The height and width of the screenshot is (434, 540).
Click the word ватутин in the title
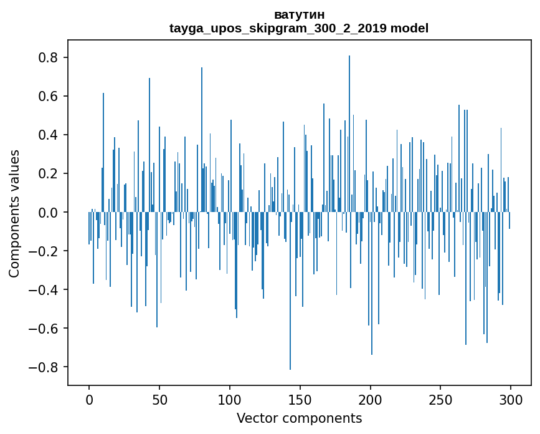299,14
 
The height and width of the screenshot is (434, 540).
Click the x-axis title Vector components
299,418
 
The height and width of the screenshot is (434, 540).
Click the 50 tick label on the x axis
159,398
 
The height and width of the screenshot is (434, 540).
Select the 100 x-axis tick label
230,398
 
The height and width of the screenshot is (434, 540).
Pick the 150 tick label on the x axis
300,398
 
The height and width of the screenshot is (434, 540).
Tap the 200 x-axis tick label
371,398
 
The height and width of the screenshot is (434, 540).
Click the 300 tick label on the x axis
511,398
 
